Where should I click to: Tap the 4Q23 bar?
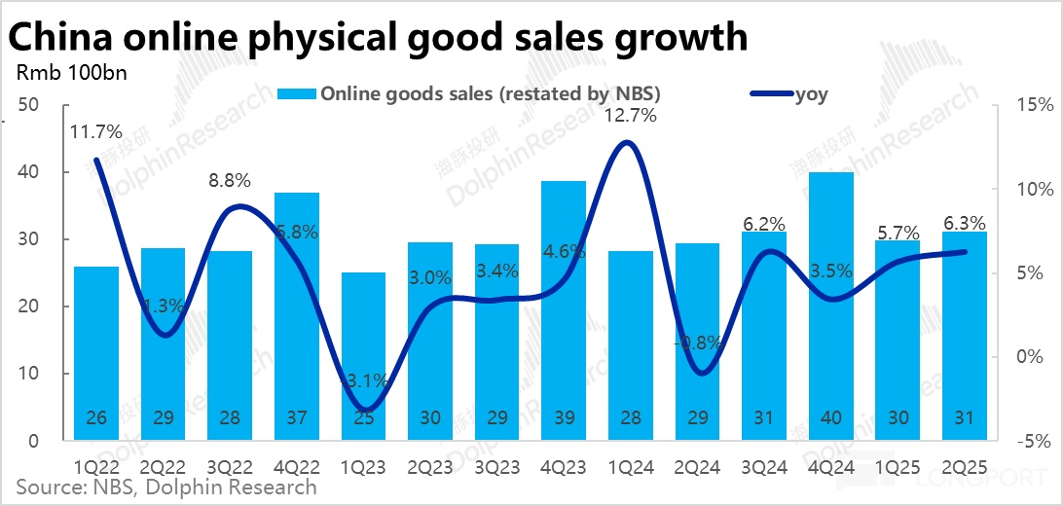tap(564, 310)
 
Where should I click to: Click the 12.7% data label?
tap(630, 116)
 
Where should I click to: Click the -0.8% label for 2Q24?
tap(697, 343)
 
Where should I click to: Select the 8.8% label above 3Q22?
tap(229, 180)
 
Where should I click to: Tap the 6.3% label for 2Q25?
tap(964, 223)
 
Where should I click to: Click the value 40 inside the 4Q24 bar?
tap(830, 417)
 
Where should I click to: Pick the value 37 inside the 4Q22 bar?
tap(296, 417)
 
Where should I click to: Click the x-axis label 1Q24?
tap(630, 467)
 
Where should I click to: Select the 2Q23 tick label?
tap(429, 467)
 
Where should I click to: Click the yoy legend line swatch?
tap(771, 94)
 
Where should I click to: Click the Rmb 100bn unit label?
tap(58, 72)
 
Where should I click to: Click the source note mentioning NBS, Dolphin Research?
tap(161, 487)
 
